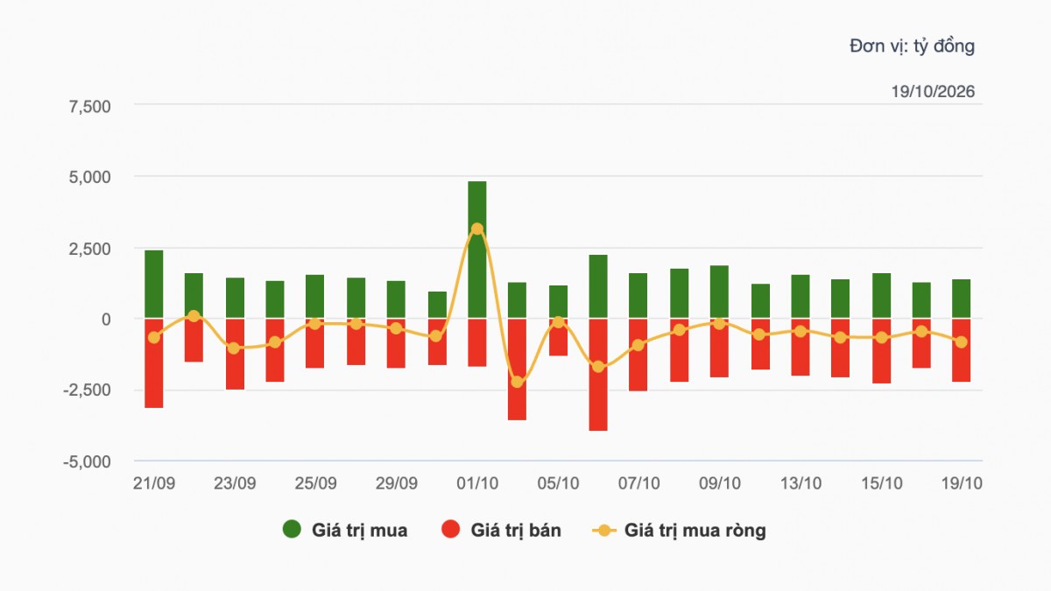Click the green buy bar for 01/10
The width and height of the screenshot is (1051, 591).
pyautogui.click(x=476, y=250)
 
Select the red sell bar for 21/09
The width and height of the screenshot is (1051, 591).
pyautogui.click(x=154, y=363)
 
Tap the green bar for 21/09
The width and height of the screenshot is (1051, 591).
pyautogui.click(x=154, y=285)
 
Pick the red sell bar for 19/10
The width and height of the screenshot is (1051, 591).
pyautogui.click(x=961, y=350)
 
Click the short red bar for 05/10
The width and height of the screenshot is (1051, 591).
pyautogui.click(x=559, y=337)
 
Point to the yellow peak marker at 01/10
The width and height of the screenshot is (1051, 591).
pyautogui.click(x=477, y=229)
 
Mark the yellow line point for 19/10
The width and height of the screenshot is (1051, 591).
pyautogui.click(x=962, y=342)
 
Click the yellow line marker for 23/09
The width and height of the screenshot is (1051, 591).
pyautogui.click(x=234, y=348)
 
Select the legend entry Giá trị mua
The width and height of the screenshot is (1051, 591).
pyautogui.click(x=345, y=530)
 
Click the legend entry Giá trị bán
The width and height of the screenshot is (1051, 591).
pyautogui.click(x=501, y=530)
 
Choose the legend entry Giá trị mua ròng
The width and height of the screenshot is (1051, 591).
pyautogui.click(x=679, y=530)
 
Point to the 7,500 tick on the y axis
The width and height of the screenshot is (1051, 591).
pyautogui.click(x=89, y=107)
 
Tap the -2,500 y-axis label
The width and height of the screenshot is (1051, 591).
pyautogui.click(x=87, y=390)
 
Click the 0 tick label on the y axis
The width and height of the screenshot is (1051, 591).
pyautogui.click(x=106, y=320)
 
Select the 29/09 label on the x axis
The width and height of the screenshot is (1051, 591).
pyautogui.click(x=397, y=483)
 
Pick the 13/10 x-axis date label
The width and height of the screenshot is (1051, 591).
pyautogui.click(x=801, y=483)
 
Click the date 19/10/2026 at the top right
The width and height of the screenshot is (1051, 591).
pyautogui.click(x=933, y=91)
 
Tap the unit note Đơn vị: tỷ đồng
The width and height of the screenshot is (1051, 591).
pyautogui.click(x=912, y=46)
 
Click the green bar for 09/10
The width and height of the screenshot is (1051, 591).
pyautogui.click(x=719, y=292)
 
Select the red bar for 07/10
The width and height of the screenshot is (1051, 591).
pyautogui.click(x=638, y=355)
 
